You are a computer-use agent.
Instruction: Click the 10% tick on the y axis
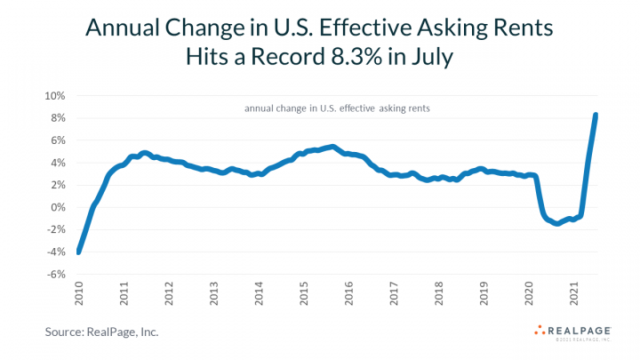pos(53,96)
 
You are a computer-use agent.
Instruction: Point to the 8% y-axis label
pos(56,118)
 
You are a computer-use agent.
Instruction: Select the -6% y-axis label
pos(54,275)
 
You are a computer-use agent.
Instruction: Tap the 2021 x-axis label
pos(575,296)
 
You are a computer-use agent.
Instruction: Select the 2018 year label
pos(440,296)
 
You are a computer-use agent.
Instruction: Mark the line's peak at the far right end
pos(595,115)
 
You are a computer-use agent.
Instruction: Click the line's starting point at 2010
pos(79,252)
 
